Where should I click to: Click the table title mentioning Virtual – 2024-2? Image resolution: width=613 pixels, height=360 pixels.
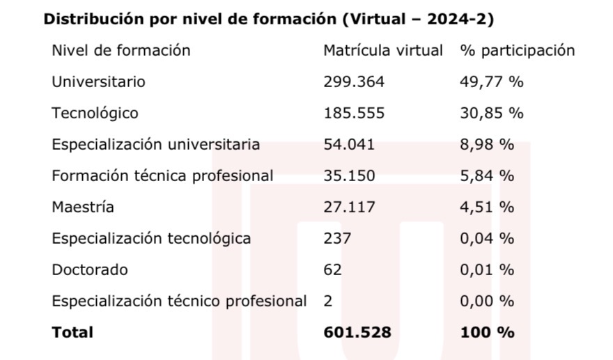tap(268, 19)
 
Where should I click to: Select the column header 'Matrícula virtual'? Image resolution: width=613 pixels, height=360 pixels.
tap(383, 50)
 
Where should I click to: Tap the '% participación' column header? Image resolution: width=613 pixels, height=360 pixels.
tap(517, 50)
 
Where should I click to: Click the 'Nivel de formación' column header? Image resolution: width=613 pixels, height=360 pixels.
tap(121, 50)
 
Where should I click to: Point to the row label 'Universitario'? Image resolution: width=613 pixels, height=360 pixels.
tap(98, 81)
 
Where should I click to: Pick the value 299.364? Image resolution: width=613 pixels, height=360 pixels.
tap(354, 81)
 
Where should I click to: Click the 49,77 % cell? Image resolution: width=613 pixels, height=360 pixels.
tap(491, 81)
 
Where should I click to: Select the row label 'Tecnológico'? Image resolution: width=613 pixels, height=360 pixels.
tap(95, 113)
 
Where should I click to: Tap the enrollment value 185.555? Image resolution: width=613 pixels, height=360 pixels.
tap(354, 113)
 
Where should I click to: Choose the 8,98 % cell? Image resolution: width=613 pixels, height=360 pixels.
tap(487, 144)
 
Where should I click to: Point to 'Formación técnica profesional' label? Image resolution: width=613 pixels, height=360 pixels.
tap(162, 175)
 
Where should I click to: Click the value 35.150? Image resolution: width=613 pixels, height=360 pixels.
tap(349, 175)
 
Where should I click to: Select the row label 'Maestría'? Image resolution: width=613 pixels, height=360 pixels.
tap(83, 207)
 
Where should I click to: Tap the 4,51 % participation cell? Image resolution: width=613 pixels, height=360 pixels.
tap(487, 207)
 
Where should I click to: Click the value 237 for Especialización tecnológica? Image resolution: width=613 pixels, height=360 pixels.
tap(338, 238)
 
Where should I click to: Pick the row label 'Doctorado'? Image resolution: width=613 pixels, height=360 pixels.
tap(90, 269)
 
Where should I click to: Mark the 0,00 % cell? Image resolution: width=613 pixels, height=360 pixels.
tap(487, 301)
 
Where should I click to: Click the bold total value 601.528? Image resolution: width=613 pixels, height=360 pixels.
tap(357, 332)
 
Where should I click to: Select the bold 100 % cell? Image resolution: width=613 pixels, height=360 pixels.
tap(487, 332)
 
